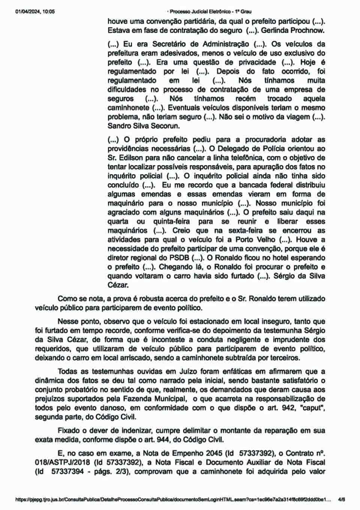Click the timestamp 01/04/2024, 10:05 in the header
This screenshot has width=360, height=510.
35,12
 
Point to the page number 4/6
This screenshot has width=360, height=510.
341,500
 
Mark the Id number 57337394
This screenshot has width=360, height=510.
67,472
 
